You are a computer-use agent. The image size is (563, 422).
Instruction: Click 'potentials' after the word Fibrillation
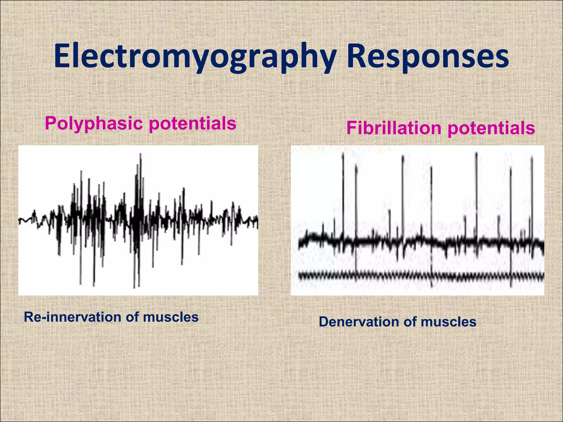coord(491,128)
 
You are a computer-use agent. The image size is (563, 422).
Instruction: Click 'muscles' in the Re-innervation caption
coord(171,317)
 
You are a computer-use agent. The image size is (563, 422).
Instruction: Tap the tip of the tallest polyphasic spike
coord(141,155)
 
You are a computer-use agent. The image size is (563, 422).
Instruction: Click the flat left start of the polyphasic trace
coord(23,220)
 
